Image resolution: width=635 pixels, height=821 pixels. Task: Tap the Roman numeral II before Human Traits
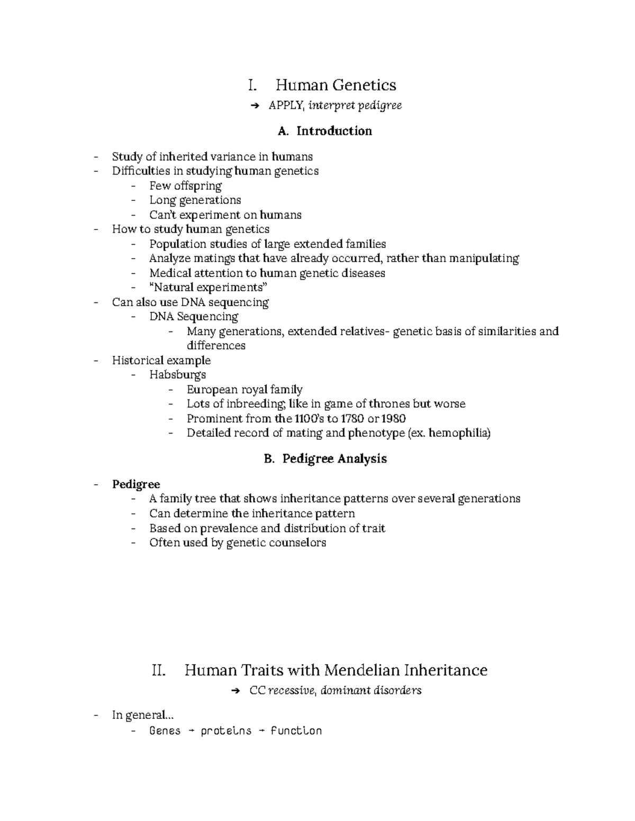tap(159, 670)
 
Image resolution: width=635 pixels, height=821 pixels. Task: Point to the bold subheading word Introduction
tap(334, 131)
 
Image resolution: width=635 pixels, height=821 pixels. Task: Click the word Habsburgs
tap(178, 375)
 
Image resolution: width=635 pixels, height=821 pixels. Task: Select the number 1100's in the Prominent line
tap(305, 419)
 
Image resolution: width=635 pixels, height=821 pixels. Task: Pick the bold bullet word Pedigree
tap(136, 484)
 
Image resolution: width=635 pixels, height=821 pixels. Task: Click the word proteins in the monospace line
tap(226, 731)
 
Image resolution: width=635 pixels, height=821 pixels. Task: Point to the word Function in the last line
tap(296, 731)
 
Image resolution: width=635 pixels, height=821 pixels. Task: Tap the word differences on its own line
tap(216, 346)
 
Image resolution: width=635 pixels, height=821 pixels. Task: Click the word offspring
tap(197, 186)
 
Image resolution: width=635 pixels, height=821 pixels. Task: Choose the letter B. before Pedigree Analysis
tap(269, 459)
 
